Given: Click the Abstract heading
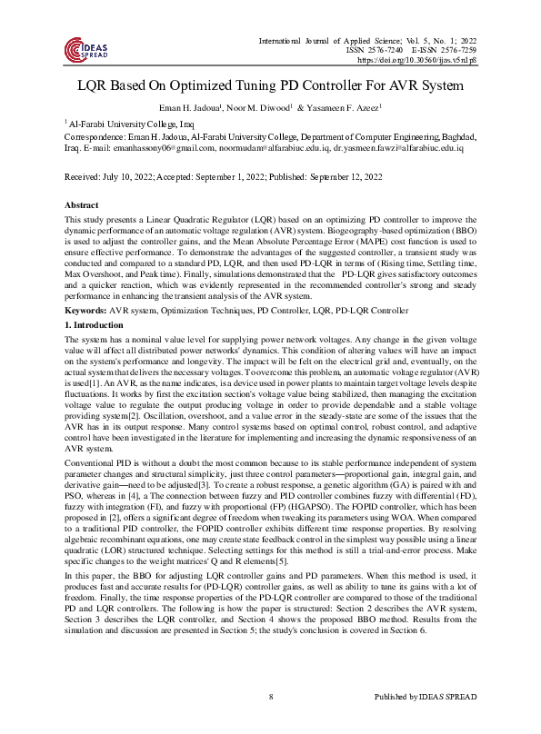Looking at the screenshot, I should (83, 204).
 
